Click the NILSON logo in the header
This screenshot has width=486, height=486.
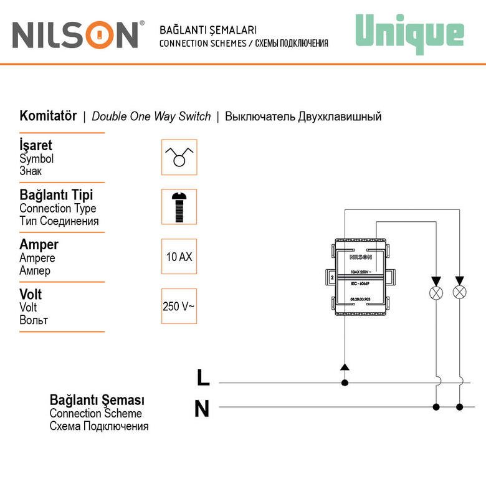pos(75,36)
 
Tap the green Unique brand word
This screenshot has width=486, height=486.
pos(409,33)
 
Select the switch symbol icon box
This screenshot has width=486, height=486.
pos(179,157)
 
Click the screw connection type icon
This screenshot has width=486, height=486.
pos(179,207)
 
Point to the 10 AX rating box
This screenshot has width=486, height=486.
pos(179,256)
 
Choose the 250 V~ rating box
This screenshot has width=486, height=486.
pos(179,306)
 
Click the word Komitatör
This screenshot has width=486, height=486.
pos(48,117)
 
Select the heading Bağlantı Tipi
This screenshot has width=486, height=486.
pos(56,195)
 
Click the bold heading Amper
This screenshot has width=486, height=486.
pos(39,245)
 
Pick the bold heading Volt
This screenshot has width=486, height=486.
pos(31,294)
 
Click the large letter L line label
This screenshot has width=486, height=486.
pos(203,378)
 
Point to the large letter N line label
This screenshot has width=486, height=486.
pos(202,409)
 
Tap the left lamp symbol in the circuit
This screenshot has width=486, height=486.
pos(436,293)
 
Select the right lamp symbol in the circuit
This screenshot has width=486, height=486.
pos(460,293)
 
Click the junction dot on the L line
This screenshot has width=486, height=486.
pos(344,383)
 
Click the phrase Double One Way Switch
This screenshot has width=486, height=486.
pos(151,117)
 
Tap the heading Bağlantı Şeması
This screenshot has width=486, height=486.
pos(97,399)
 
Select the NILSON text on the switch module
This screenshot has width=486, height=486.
pos(360,256)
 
